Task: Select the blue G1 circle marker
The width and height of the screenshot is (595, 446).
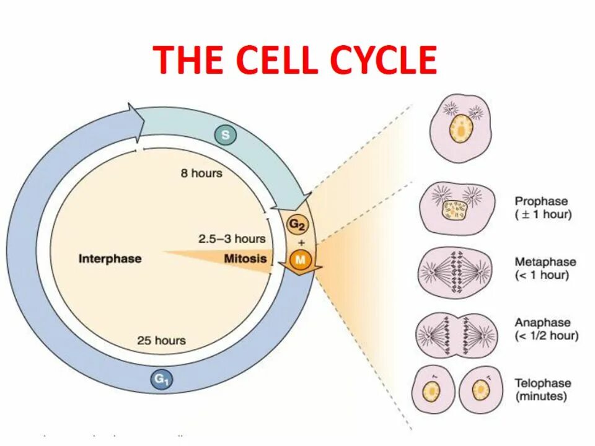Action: coord(161,380)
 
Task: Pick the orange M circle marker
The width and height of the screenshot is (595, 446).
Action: coord(301,260)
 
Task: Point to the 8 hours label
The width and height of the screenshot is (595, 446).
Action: coord(201,173)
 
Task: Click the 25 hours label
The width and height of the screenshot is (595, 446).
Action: coord(161,340)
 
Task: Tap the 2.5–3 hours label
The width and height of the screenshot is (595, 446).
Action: coord(232,238)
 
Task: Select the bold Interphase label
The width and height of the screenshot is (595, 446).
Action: coord(110,258)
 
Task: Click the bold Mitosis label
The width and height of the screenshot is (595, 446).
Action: coord(245,258)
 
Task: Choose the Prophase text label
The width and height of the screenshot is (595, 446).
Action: coord(541,202)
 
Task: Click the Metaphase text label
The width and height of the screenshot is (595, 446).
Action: coord(545,262)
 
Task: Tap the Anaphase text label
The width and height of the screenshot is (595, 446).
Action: coord(542,323)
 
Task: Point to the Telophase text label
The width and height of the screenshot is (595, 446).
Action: coord(543,383)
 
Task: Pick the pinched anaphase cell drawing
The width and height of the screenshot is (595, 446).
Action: coord(457,335)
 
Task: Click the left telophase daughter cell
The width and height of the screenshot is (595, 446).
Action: coord(432,391)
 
